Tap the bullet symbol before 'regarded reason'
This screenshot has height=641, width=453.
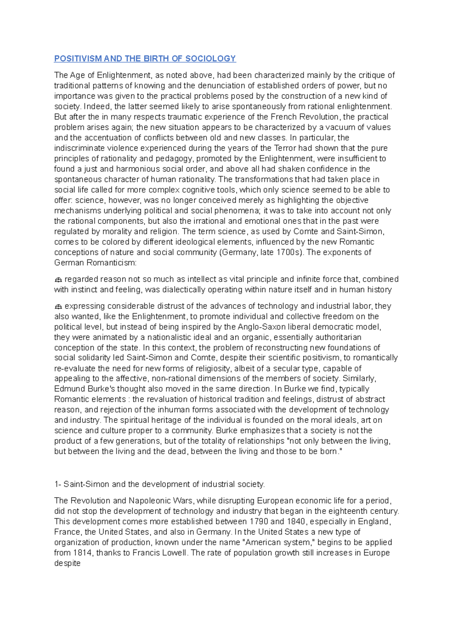58,280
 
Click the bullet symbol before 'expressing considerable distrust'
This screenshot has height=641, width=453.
58,307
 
